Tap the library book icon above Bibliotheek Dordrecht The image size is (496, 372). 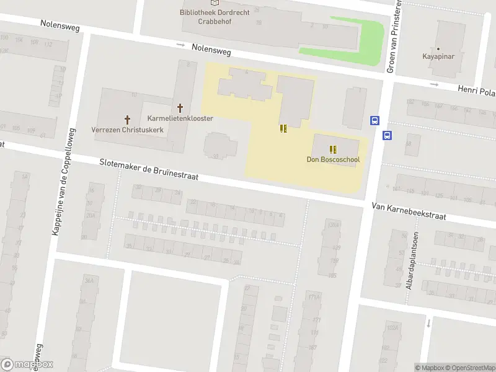214,2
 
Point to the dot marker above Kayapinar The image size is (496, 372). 438,48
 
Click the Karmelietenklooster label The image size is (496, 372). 180,118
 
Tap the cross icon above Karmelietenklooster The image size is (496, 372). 180,108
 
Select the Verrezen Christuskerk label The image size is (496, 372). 128,130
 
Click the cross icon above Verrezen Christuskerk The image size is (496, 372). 128,119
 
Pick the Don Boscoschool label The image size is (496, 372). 333,159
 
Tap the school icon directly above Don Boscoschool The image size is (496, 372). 333,149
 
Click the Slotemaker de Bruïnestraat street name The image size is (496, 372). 149,169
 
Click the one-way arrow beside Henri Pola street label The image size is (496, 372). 434,84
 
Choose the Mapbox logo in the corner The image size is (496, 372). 27,365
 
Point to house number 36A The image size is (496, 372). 89,281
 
